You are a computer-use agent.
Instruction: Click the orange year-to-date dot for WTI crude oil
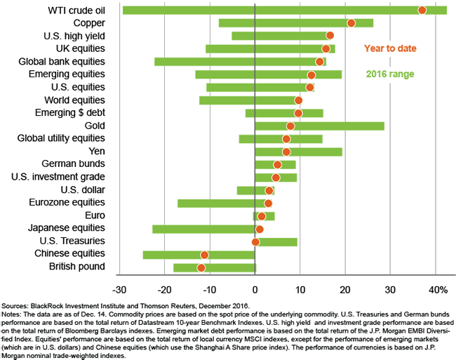422,10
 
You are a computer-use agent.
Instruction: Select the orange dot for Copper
351,23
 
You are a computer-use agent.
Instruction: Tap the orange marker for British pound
201,267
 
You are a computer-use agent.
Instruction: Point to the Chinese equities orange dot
204,255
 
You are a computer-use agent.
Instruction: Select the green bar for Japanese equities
203,229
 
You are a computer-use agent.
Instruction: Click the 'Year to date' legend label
390,48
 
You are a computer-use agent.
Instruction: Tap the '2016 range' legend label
390,74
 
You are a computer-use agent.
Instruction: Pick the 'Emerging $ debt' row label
70,113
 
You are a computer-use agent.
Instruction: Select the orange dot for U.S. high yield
330,36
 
